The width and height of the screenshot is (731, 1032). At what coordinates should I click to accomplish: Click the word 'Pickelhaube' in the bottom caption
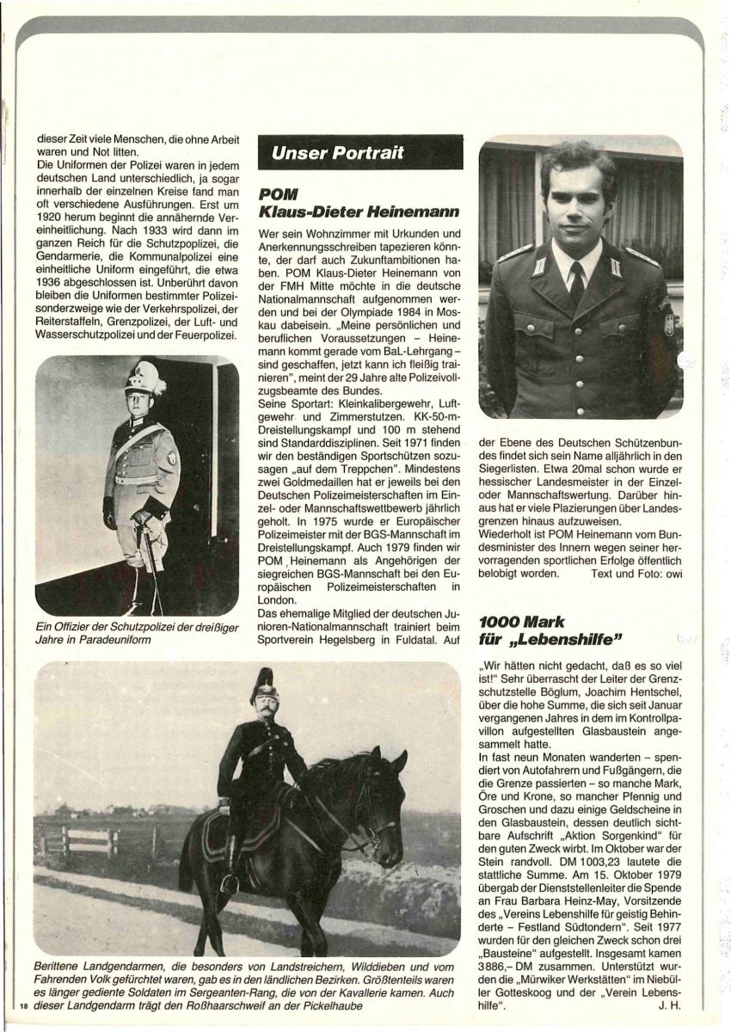pyautogui.click(x=394, y=1004)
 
